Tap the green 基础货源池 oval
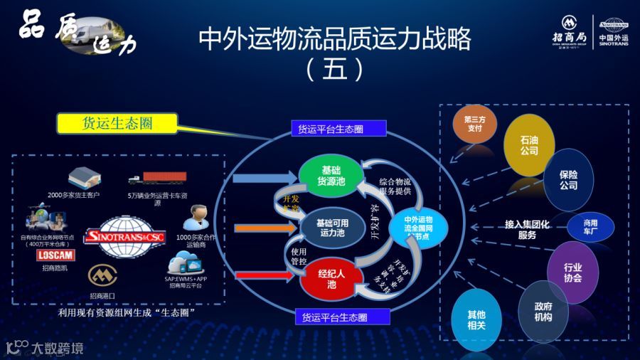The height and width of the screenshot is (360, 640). point(331,176)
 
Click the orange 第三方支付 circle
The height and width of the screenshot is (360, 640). point(473,125)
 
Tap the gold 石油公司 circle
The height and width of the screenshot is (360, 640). point(529,145)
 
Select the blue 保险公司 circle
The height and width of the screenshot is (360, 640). point(568,179)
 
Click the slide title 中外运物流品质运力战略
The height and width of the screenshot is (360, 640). point(334,39)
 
